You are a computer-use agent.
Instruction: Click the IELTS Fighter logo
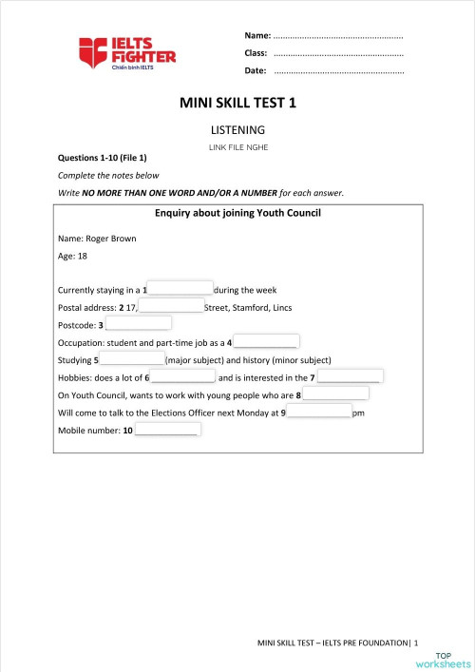point(126,53)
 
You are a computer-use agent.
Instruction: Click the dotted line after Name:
point(338,37)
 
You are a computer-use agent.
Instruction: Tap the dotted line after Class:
point(338,54)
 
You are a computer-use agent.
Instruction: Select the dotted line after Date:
point(338,71)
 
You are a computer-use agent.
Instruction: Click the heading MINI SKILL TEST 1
point(237,104)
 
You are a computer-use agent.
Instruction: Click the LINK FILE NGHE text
point(237,147)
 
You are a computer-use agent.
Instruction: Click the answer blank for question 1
point(180,289)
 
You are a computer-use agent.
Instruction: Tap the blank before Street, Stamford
point(172,306)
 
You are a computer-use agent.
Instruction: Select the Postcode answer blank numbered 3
point(139,324)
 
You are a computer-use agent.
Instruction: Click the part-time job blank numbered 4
point(267,341)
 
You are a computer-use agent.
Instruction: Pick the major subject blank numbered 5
point(132,359)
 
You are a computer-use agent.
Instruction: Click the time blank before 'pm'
point(319,413)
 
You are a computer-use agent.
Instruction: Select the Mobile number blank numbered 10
point(167,430)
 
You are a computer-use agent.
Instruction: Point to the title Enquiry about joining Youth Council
point(237,212)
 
